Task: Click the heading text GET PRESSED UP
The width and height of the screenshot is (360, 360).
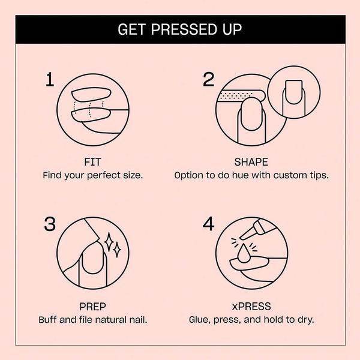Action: (x=180, y=29)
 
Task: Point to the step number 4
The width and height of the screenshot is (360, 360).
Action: (x=208, y=224)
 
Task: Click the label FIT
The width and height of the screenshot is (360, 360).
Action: (x=92, y=162)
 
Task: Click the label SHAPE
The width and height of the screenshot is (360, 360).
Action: (x=251, y=162)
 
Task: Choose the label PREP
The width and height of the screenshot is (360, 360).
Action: (x=92, y=306)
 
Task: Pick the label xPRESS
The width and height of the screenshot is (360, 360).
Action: (x=251, y=306)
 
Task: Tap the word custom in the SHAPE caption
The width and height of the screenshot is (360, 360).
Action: (x=287, y=176)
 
